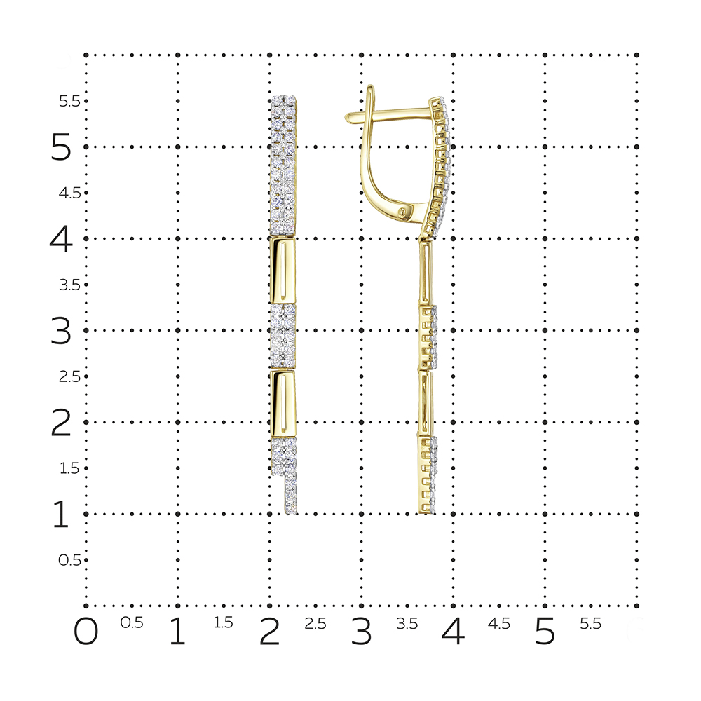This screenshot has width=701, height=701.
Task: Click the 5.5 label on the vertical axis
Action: click(69, 102)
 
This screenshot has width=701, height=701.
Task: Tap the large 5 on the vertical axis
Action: click(61, 147)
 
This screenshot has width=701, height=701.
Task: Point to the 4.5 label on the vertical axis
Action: click(69, 193)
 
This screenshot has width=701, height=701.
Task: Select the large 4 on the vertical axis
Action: click(61, 239)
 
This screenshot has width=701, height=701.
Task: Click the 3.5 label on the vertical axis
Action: click(69, 285)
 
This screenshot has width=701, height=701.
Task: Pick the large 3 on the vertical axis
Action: click(61, 331)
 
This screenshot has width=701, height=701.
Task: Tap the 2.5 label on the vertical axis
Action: click(69, 377)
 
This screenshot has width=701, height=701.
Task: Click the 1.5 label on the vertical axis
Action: click(69, 468)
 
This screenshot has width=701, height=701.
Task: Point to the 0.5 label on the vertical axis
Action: click(69, 560)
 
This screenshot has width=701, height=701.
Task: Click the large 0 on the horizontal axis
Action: click(86, 632)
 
